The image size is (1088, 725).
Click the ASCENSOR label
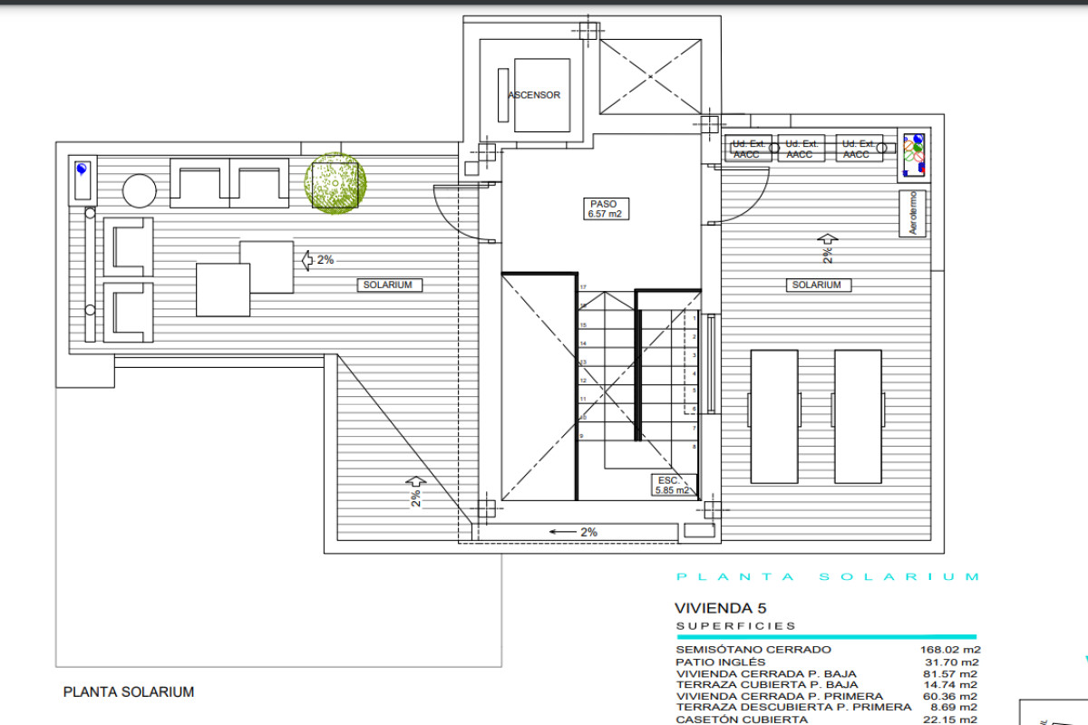[x=534, y=95]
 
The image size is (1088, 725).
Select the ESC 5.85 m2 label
[x=670, y=485]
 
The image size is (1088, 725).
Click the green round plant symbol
[x=336, y=183]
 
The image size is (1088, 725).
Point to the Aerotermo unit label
[x=914, y=213]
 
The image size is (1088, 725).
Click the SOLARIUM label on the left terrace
[x=388, y=285]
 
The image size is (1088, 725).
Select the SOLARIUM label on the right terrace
[x=816, y=285]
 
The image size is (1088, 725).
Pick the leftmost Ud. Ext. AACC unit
[x=750, y=150]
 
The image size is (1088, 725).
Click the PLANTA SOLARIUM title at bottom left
[x=129, y=692]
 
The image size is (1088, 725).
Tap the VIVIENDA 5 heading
[x=721, y=608]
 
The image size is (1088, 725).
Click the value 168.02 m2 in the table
[x=950, y=650]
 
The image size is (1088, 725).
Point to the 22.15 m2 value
[x=950, y=720]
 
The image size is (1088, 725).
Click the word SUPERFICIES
[x=735, y=626]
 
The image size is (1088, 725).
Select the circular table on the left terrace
[x=140, y=190]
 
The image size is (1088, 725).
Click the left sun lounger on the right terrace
[x=775, y=417]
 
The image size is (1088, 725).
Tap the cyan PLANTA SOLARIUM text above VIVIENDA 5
[x=828, y=577]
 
